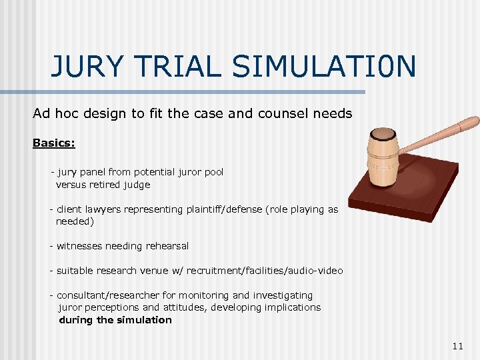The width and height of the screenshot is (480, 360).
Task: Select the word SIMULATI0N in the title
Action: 324,67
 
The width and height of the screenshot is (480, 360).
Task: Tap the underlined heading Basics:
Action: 54,143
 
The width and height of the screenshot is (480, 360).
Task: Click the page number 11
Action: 457,345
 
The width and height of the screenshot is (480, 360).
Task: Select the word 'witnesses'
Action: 78,246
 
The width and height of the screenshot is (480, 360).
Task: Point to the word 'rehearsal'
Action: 165,246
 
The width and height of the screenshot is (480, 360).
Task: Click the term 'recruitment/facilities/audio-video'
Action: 265,271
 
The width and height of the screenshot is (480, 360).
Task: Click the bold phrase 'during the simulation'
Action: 115,320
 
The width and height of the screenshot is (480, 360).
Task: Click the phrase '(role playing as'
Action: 302,209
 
